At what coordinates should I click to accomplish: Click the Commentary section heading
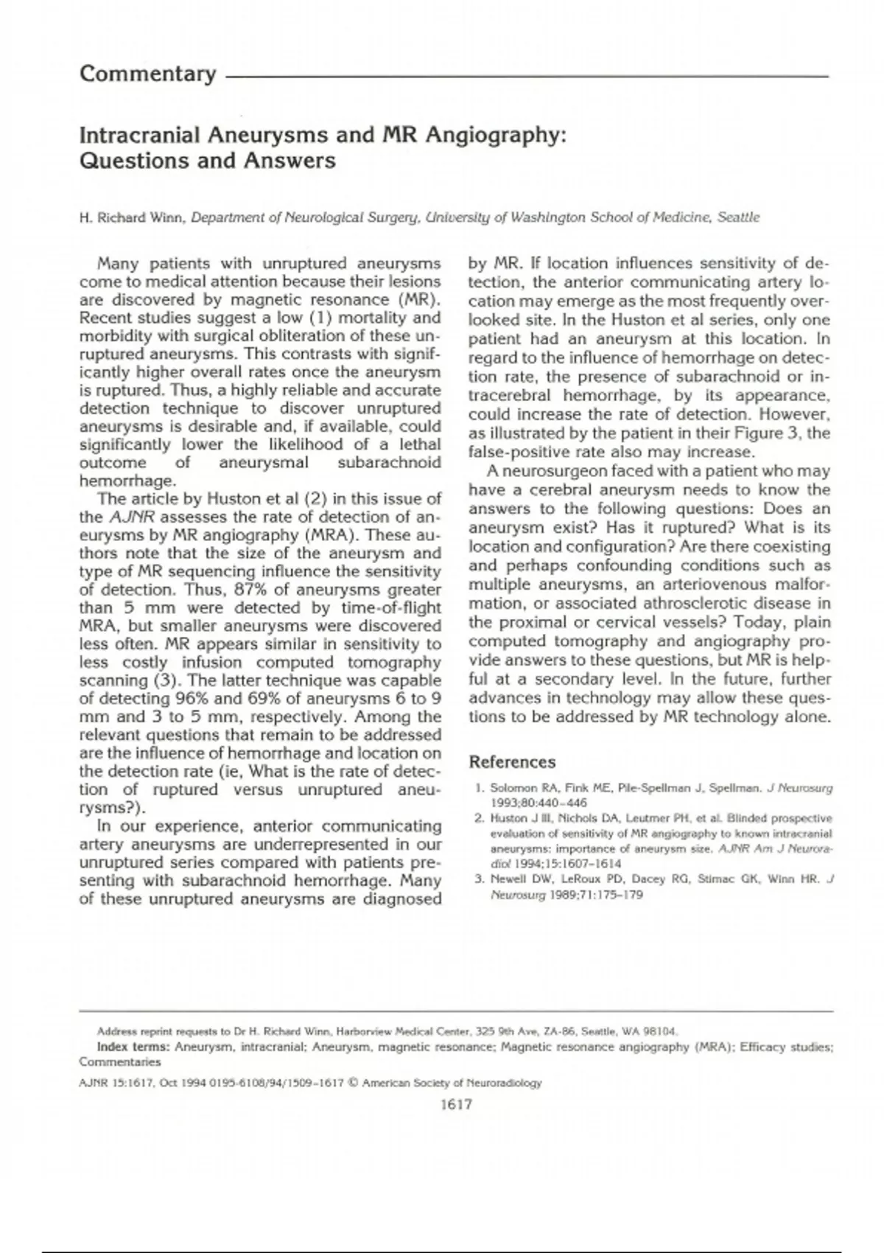[147, 74]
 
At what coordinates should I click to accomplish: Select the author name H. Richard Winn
[132, 217]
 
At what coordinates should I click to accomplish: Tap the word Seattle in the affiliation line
[738, 217]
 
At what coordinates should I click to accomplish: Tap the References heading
[512, 762]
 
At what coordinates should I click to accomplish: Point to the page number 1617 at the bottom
[455, 1104]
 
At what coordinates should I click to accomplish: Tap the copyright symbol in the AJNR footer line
[352, 1083]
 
